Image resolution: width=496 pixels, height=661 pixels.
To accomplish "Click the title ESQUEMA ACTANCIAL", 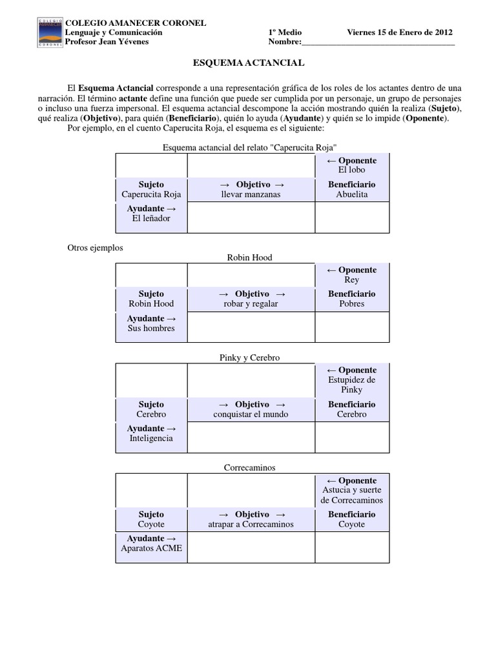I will (x=249, y=63).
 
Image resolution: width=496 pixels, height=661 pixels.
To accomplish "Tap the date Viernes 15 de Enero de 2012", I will (x=400, y=32).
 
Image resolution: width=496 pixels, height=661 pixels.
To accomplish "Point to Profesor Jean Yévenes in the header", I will (x=107, y=42).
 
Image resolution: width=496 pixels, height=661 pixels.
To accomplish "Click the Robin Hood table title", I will (x=249, y=258).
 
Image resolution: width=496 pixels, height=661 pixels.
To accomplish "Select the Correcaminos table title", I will (x=249, y=467).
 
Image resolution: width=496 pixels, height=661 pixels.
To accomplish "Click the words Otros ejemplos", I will (x=95, y=247).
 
